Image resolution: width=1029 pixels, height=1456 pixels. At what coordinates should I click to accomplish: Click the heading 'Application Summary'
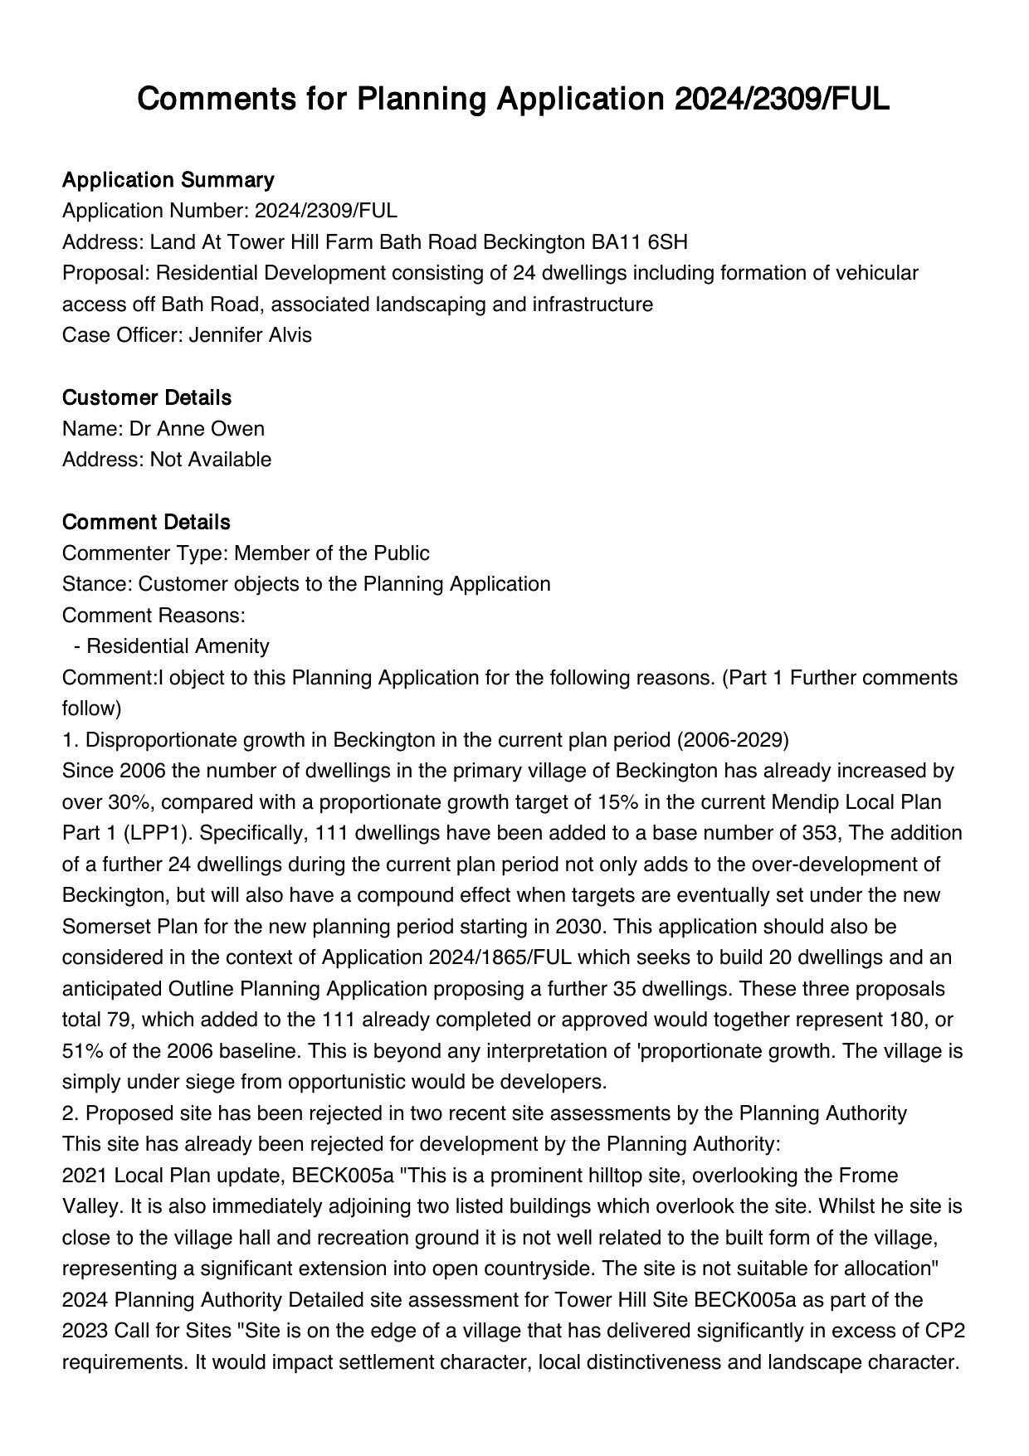(x=168, y=180)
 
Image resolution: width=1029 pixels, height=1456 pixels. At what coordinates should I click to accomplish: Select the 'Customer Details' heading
(x=147, y=398)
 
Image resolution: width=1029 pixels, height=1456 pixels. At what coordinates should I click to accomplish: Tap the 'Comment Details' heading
(x=146, y=523)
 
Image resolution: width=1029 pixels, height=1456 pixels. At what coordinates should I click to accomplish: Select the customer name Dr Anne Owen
(x=197, y=429)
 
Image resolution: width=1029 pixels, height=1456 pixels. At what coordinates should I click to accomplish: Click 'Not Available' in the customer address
(x=211, y=460)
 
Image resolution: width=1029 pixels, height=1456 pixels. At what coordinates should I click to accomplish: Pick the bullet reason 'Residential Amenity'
(x=178, y=646)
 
